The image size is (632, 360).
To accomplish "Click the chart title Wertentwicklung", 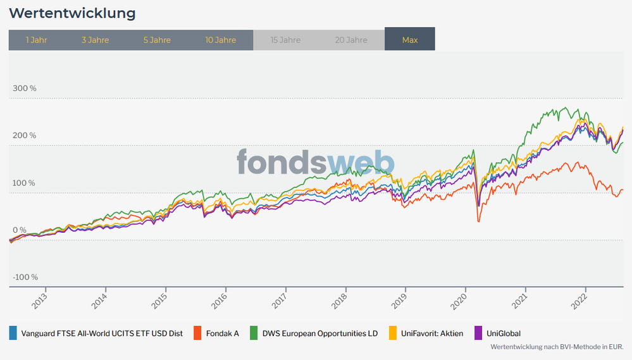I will click(73, 13).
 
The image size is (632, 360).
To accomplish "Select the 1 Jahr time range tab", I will click(36, 40).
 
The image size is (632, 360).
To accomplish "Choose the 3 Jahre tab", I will click(95, 40).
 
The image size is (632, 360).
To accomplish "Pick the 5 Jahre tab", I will click(157, 40).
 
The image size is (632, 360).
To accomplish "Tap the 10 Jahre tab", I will click(220, 40).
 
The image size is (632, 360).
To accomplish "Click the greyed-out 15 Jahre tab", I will click(285, 40).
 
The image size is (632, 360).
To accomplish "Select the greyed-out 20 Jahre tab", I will click(351, 40).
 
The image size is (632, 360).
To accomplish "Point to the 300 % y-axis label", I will click(25, 88).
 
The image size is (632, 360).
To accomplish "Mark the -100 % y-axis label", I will click(25, 277).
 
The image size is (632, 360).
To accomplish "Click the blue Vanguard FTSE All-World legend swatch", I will click(13, 333).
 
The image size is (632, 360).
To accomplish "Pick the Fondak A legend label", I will click(221, 333).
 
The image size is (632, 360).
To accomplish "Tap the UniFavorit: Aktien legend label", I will click(433, 333).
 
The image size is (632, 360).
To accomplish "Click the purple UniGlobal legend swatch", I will click(478, 333).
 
